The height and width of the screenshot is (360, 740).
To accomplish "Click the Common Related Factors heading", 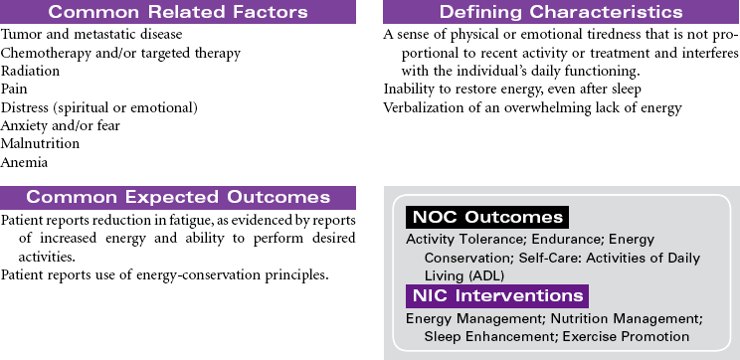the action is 177,12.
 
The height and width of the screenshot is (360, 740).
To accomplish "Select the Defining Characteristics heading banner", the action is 561,12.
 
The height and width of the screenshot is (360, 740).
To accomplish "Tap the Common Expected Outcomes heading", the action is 177,197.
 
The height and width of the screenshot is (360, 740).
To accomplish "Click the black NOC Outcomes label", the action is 487,217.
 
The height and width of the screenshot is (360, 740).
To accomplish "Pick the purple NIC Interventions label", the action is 497,295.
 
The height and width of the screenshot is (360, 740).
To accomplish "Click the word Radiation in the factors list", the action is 30,72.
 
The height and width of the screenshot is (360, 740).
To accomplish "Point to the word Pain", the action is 14,90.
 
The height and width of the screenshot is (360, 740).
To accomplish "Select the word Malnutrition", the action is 40,143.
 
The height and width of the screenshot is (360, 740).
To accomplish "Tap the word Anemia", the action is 25,162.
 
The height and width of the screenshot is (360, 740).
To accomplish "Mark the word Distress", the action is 26,107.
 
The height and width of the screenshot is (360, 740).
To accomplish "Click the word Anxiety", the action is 24,126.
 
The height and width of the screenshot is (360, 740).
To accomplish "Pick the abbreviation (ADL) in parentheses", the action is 489,275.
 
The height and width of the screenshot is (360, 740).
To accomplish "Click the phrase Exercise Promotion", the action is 626,337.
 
